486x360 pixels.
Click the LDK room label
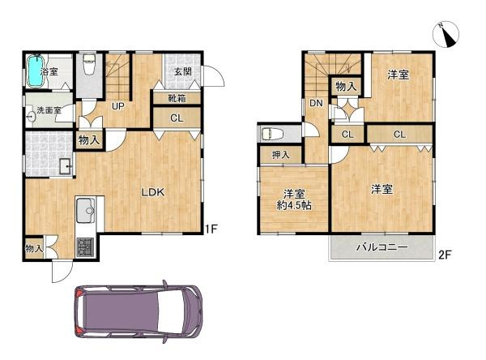click(x=153, y=192)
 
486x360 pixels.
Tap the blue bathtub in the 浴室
click(x=34, y=72)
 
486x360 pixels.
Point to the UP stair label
click(x=117, y=106)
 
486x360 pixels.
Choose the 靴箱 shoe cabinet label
click(x=177, y=98)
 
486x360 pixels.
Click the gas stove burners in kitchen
click(x=85, y=246)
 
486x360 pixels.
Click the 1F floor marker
click(x=211, y=229)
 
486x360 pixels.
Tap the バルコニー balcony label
click(x=380, y=248)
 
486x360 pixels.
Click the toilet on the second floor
click(x=272, y=133)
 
